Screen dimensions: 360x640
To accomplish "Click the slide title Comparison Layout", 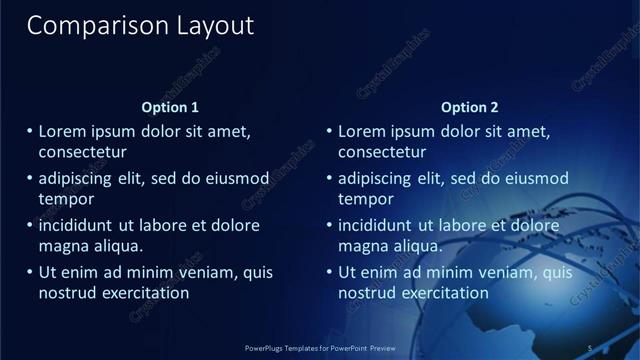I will click(x=140, y=25).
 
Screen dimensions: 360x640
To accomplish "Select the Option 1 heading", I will click(x=170, y=107).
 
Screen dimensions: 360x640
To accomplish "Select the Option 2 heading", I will click(x=469, y=107).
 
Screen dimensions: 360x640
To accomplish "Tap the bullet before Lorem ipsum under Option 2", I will click(x=330, y=131).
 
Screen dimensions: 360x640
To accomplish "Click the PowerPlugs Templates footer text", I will click(x=320, y=348).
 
